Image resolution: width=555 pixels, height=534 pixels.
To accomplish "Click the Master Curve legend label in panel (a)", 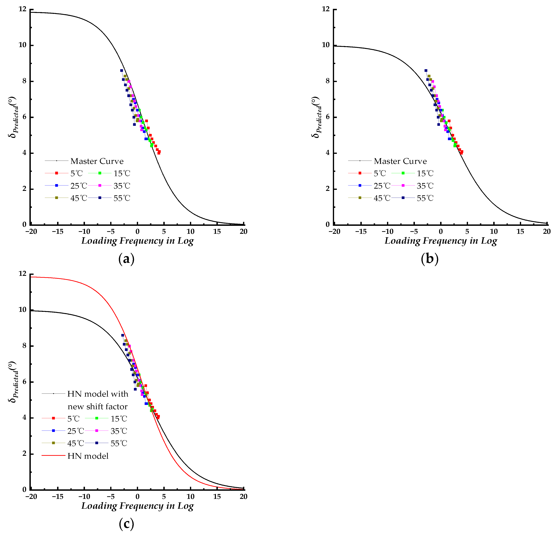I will pyautogui.click(x=97, y=161).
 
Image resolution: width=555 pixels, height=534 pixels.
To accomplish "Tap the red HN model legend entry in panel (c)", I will pyautogui.click(x=88, y=456).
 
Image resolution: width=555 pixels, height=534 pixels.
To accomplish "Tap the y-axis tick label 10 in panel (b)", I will pyautogui.click(x=325, y=45).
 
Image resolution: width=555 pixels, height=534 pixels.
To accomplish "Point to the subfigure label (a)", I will pyautogui.click(x=126, y=259).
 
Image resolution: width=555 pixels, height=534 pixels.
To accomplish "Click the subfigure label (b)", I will pyautogui.click(x=430, y=259).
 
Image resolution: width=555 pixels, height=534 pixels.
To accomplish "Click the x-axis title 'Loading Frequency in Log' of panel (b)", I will pyautogui.click(x=441, y=241).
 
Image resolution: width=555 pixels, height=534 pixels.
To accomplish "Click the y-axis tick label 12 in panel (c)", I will pyautogui.click(x=22, y=274).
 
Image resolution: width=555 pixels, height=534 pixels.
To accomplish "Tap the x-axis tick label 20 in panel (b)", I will pyautogui.click(x=547, y=232).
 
